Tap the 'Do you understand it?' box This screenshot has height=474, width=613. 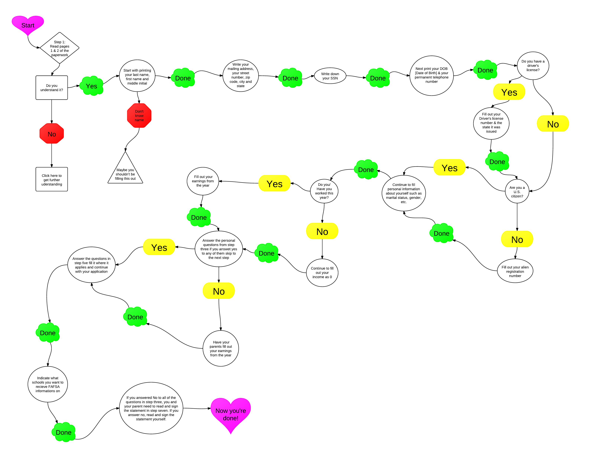52,88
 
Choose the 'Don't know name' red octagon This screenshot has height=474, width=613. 139,115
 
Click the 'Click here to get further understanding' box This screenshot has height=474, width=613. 52,179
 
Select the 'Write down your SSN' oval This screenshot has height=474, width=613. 330,76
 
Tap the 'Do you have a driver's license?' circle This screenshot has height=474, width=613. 533,66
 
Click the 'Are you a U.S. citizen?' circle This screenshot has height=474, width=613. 517,191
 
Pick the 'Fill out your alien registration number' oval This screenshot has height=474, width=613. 515,271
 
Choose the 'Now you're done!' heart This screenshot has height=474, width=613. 231,413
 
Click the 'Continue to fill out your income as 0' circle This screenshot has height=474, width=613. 322,272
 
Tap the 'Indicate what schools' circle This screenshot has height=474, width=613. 48,384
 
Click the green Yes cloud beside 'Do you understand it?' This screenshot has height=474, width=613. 92,86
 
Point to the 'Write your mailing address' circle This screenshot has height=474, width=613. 241,75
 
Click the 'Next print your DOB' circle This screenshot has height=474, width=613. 431,75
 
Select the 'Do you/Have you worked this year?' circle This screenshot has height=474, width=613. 324,191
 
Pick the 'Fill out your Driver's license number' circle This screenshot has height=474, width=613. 491,123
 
